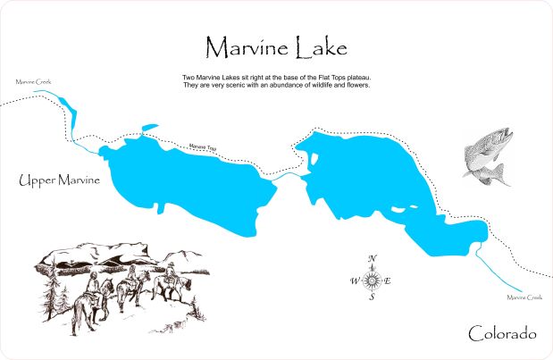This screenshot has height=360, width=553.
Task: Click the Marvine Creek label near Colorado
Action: (x=524, y=297)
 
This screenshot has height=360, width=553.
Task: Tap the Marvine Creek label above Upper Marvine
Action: (x=33, y=81)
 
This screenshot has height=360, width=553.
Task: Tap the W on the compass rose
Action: (x=353, y=280)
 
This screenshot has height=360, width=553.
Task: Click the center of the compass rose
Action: (x=373, y=280)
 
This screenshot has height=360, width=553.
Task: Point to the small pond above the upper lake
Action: (x=149, y=128)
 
